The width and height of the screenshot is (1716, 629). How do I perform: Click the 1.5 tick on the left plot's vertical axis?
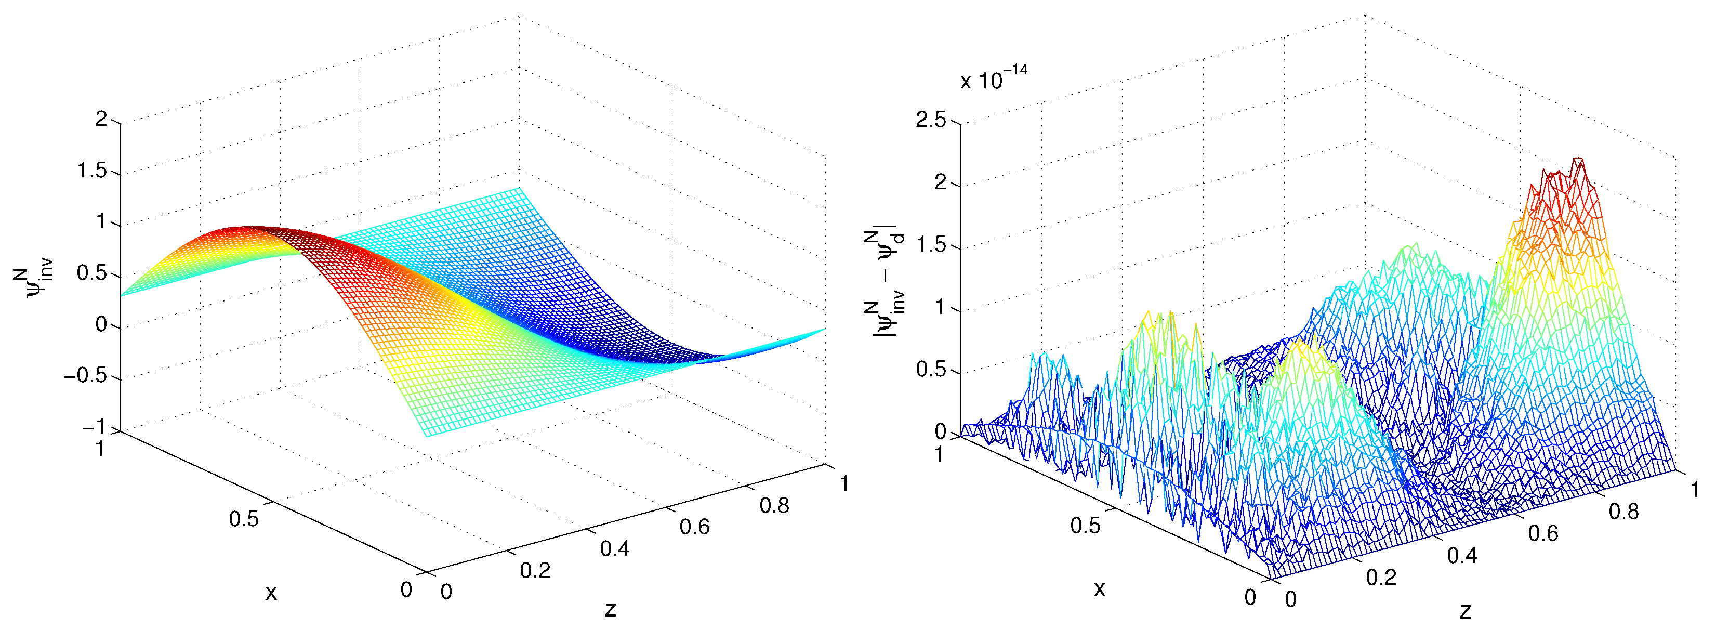coord(92,171)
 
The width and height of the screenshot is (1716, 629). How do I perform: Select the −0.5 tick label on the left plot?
coord(85,376)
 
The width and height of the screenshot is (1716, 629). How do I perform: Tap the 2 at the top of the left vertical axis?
coord(101,119)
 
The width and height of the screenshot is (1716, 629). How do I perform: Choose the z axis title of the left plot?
coord(610,608)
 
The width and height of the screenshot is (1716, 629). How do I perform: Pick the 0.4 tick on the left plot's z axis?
coord(614,548)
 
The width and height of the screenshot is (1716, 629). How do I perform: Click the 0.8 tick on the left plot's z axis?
coord(774,505)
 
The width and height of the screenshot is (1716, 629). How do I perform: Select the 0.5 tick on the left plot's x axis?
coord(244,518)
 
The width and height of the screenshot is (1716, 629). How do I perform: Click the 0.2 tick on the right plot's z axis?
coord(1381,577)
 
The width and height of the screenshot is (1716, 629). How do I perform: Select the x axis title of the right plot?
coord(1100,588)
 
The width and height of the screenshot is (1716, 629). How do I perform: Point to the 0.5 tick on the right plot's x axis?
coord(1085,525)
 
